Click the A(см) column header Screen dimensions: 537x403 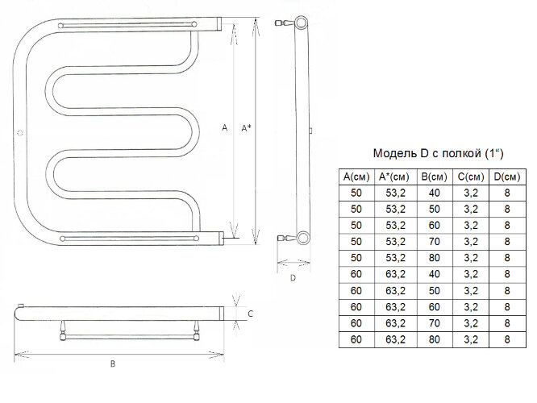tap(356, 177)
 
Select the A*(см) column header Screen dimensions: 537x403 tap(394, 177)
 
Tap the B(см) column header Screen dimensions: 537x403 tap(435, 177)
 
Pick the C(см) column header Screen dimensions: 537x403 tap(471, 177)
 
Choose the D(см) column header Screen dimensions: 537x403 tap(507, 177)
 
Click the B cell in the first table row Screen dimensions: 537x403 tap(435, 193)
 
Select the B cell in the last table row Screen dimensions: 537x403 tap(435, 339)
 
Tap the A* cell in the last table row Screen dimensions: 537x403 tap(395, 339)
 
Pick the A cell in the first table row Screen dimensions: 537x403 tap(356, 193)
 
